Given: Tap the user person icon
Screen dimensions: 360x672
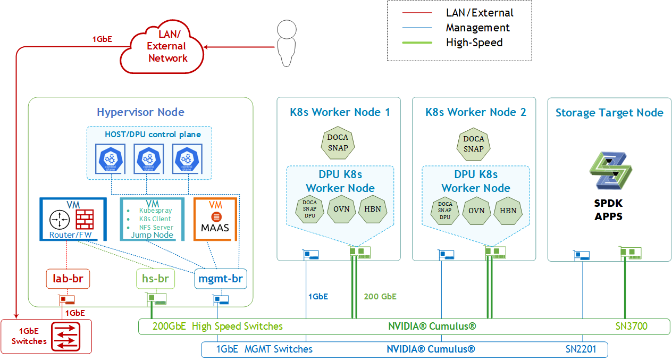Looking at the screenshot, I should pos(287,43).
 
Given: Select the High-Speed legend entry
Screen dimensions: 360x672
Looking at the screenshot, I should pos(474,43).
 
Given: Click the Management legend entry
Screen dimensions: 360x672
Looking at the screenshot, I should pos(477,28).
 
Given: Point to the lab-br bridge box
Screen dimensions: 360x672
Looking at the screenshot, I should pos(68,278).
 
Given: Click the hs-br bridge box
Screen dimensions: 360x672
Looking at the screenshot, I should pos(155,278).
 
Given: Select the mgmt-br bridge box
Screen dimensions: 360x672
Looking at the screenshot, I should pos(221,278).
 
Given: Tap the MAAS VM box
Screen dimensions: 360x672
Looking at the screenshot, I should pos(215,219).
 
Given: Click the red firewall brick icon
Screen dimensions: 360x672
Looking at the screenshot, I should pos(85,219).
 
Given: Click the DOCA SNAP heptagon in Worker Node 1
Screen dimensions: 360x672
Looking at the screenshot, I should pos(338,143).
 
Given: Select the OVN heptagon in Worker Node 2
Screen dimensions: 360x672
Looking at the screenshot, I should pos(476,210).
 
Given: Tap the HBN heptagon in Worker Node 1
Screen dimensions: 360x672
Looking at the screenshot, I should pos(373,209).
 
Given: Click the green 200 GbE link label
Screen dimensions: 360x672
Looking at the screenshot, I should pos(380,297).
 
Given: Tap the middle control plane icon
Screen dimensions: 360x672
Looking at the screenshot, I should pos(147,158).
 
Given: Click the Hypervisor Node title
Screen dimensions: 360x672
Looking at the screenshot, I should pos(140,112).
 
